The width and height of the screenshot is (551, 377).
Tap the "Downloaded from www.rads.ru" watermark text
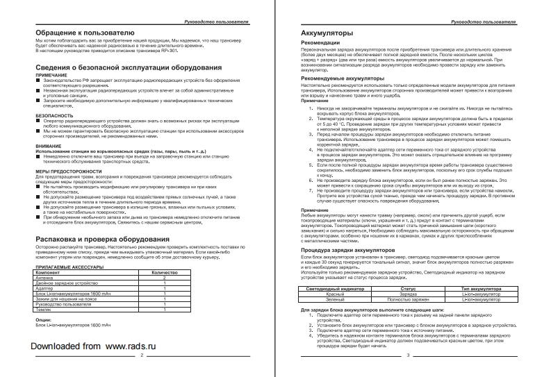[x=94, y=345]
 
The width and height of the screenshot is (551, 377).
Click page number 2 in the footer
[x=141, y=355]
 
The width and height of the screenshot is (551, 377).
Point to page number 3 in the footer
[x=409, y=355]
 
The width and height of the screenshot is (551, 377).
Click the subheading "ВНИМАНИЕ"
[x=49, y=146]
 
